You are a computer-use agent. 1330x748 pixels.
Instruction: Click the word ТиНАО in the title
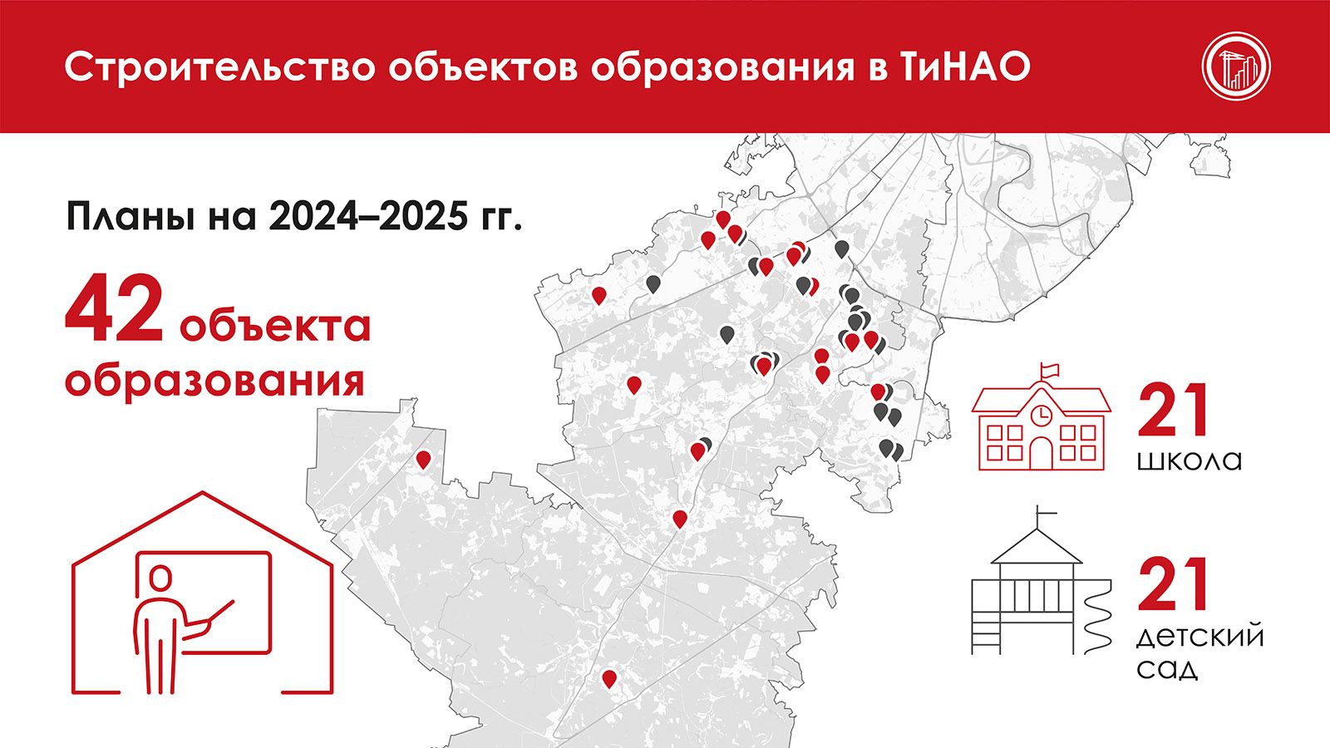[959, 67]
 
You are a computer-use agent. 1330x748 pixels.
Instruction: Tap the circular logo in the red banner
[1236, 66]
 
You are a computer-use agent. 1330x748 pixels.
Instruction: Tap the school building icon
[1042, 416]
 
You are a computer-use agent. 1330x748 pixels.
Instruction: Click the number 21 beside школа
[1173, 410]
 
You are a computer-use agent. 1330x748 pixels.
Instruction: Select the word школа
[1189, 460]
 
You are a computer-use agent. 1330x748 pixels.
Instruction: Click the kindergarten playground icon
[1042, 581]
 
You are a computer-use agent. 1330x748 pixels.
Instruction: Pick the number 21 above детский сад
[1173, 584]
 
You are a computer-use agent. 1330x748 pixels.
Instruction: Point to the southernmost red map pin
[608, 679]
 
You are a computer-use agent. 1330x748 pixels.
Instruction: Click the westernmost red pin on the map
[423, 460]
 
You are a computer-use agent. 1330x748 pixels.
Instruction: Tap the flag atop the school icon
[1050, 371]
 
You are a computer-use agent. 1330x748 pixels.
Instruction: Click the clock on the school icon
[1040, 415]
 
